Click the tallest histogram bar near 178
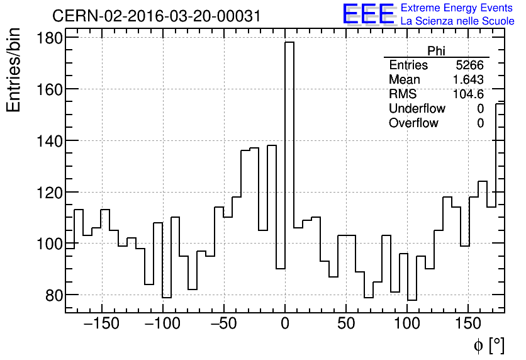[x=289, y=157]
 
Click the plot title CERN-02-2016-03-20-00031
[x=157, y=16]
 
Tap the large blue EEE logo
[x=368, y=14]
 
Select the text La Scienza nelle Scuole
[x=457, y=21]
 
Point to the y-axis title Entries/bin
[x=14, y=71]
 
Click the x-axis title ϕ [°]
[x=488, y=345]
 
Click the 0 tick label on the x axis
[x=285, y=324]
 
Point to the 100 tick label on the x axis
[x=407, y=324]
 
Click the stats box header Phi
[x=436, y=51]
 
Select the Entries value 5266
[x=469, y=65]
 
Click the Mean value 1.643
[x=468, y=80]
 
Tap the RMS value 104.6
[x=468, y=94]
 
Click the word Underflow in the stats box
[x=417, y=109]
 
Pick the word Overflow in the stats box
[x=413, y=123]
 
